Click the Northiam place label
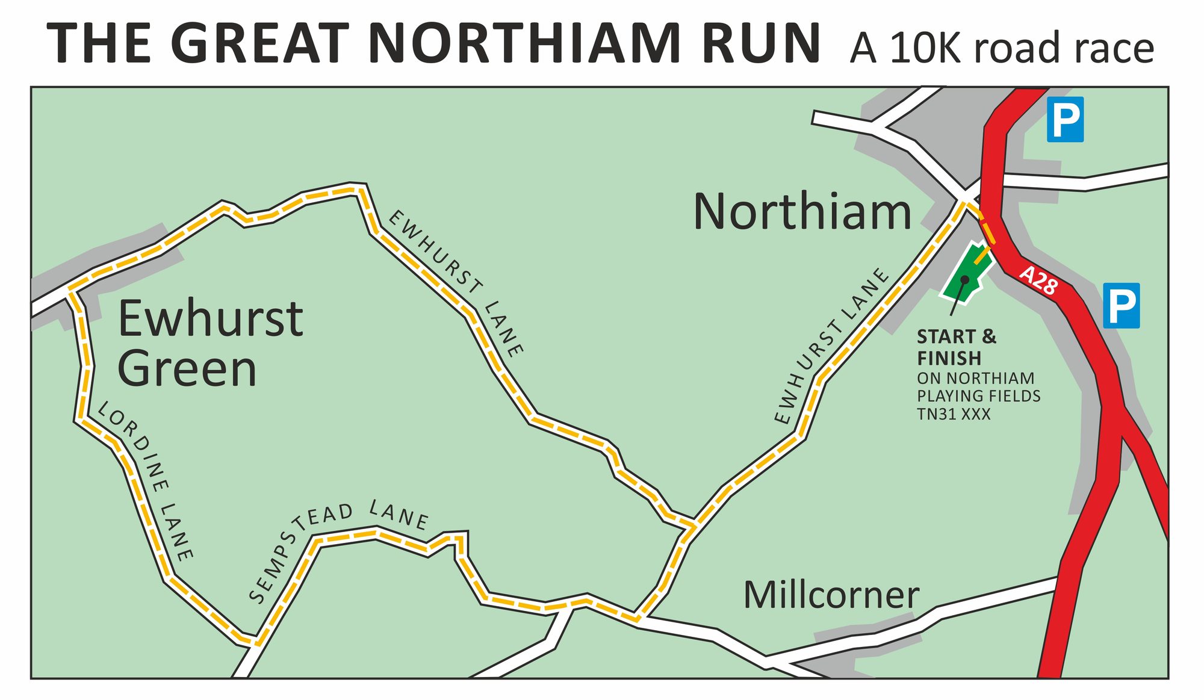[802, 212]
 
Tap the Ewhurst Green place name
[209, 343]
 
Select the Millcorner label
[831, 595]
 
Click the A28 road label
[1038, 280]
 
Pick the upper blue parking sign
[1065, 119]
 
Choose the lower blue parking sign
[1121, 305]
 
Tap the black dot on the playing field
[964, 279]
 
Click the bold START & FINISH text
[956, 347]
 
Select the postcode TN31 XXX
[954, 414]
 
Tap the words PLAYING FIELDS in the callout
[978, 396]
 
